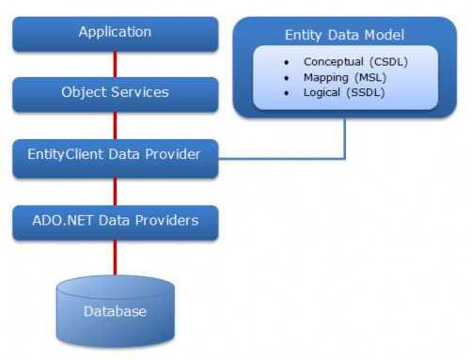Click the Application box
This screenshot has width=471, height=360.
click(115, 33)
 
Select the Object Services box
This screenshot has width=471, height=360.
click(115, 93)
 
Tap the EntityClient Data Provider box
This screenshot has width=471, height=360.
click(115, 154)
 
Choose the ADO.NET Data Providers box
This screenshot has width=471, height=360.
click(115, 222)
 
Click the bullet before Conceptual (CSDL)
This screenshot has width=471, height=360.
click(286, 62)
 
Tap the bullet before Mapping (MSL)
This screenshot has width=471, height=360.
click(286, 77)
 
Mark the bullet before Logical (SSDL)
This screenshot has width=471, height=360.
click(286, 92)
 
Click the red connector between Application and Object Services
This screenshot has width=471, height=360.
click(115, 64)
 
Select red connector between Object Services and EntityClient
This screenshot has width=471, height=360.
click(115, 124)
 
